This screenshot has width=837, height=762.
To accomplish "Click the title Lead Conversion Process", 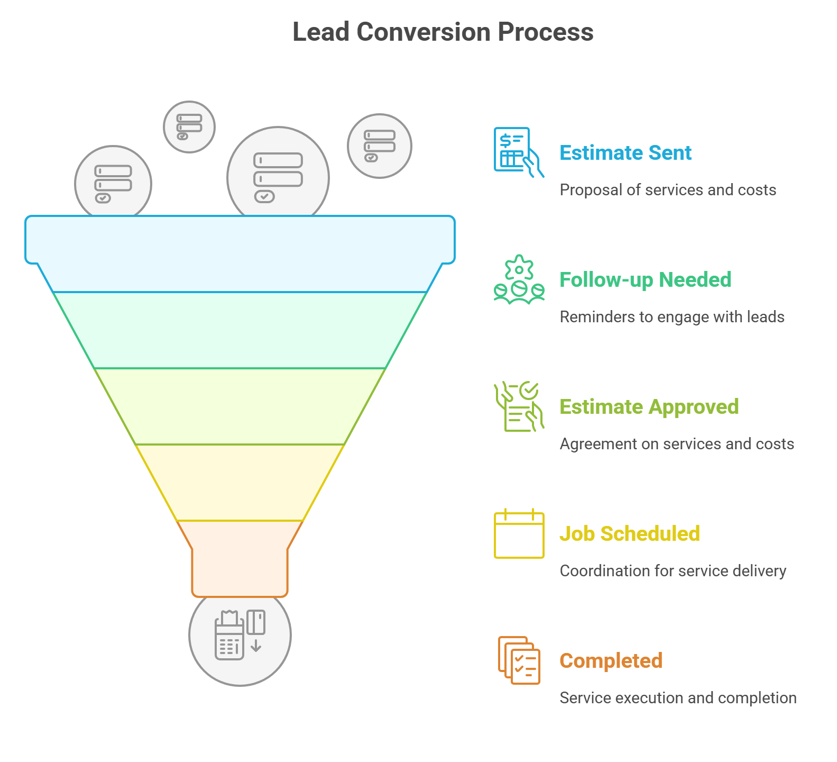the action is [x=443, y=32].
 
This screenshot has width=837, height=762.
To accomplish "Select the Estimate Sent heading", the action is [x=626, y=153].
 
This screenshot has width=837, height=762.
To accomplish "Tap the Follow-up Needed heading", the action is [x=645, y=280].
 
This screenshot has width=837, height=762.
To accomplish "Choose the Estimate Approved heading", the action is [x=649, y=407].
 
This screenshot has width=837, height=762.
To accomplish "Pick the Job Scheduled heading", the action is [x=630, y=534].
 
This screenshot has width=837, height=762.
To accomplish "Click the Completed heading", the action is [x=611, y=661].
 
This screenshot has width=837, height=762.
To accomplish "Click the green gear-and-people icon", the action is [x=519, y=279].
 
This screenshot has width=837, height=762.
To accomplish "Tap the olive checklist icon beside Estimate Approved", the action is [x=519, y=406].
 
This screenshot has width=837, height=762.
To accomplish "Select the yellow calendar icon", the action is [x=519, y=533].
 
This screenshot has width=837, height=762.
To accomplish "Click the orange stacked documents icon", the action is [x=519, y=660].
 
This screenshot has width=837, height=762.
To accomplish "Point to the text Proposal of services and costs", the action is [x=668, y=190].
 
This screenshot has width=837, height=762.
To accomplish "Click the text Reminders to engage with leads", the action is [x=672, y=317].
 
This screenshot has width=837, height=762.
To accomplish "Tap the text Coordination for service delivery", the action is [x=673, y=571].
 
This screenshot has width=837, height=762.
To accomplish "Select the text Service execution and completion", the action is [x=678, y=698].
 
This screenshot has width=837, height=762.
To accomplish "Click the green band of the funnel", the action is [x=240, y=330].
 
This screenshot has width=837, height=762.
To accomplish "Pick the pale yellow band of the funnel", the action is [x=240, y=483].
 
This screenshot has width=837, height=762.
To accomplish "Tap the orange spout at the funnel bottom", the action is [x=240, y=559].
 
